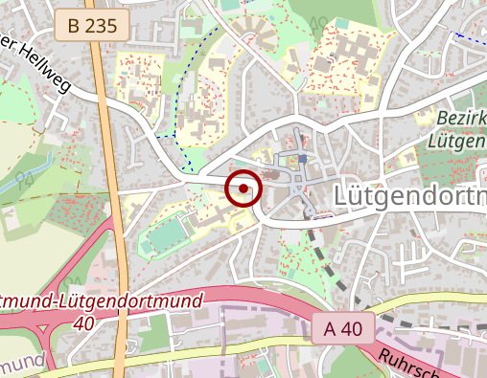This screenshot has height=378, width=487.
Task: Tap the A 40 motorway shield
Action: point(343,329)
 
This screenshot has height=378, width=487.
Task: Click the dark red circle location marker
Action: point(243,189)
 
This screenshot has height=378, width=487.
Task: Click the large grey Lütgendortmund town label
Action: point(410,195)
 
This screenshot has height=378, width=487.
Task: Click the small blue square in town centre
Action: point(302,159)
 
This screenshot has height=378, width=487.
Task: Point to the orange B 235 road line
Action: point(112,191)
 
